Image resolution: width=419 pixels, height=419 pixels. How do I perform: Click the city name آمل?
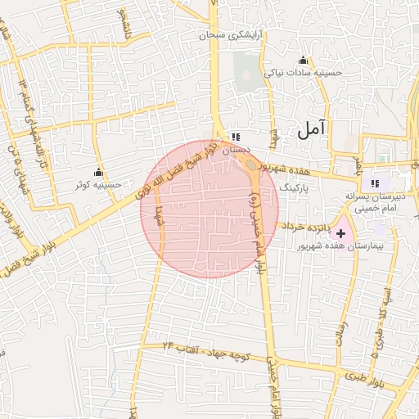[311, 128]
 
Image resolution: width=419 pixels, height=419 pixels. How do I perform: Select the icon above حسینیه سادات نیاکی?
[304, 60]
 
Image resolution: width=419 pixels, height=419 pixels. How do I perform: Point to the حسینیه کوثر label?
[98, 185]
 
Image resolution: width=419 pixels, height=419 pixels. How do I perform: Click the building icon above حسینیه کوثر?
[99, 172]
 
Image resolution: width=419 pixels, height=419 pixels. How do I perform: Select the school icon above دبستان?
[236, 137]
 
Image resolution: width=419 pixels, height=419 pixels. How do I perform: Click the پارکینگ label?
[295, 188]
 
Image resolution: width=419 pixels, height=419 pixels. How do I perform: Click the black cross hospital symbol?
[340, 234]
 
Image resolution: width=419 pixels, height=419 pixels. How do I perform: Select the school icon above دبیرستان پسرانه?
[375, 183]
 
